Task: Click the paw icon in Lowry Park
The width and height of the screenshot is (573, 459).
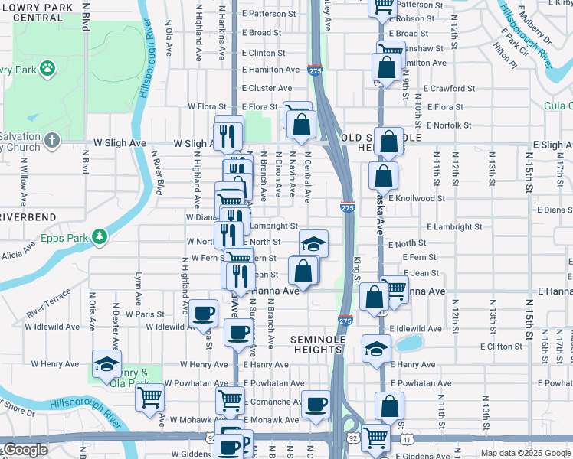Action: pos(47,68)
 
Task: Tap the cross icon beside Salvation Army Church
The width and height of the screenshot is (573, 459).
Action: pos(51,140)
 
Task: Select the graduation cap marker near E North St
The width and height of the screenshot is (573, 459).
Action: pos(313,243)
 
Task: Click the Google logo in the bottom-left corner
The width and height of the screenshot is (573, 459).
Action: pos(25,450)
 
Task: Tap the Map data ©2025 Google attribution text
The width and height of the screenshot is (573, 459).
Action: pos(525,453)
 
